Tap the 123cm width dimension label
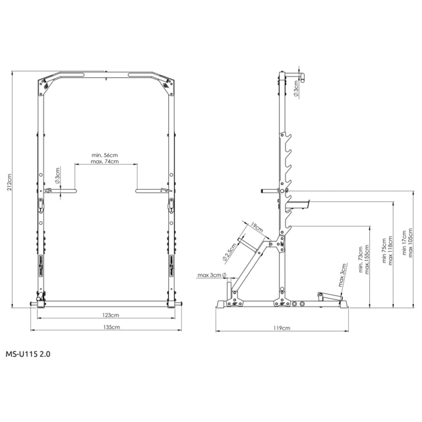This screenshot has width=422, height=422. pos(110,316)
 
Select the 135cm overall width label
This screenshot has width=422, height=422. pos(110,326)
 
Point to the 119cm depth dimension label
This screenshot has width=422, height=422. pos(282,327)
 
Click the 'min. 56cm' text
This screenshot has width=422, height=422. pos(105,156)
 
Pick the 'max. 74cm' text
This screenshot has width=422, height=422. pos(105,162)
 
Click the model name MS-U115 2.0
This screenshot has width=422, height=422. pos(28,354)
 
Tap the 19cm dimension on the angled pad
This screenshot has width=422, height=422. pos(257,228)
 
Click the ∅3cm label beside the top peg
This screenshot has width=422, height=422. pos(297,90)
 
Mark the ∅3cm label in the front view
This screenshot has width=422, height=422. pos(58,177)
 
